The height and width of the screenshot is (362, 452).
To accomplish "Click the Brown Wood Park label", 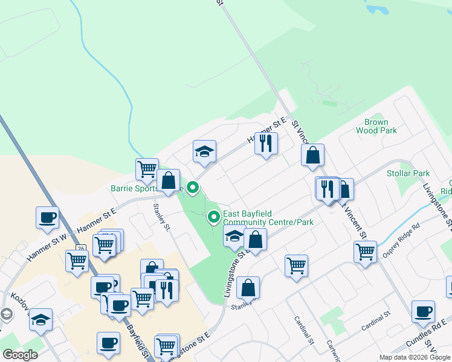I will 376,126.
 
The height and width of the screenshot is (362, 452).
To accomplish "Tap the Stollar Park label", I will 408,174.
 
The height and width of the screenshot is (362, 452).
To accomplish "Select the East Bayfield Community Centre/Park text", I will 268,218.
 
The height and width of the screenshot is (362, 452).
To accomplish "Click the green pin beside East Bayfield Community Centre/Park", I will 213,217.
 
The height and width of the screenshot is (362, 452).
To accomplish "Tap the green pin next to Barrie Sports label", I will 193,188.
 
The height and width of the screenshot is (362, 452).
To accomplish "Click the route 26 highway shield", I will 81,248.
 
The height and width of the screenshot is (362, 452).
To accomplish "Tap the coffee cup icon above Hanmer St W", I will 47,218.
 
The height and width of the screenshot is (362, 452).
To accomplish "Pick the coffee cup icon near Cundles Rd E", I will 423,312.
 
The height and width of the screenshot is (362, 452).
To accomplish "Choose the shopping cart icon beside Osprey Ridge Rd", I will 366,250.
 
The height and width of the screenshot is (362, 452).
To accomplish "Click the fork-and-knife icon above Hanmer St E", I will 266,144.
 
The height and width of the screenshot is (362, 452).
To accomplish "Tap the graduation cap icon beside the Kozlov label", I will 40,319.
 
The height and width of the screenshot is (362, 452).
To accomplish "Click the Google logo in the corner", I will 20,355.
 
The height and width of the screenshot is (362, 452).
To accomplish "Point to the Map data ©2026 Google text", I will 414,358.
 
